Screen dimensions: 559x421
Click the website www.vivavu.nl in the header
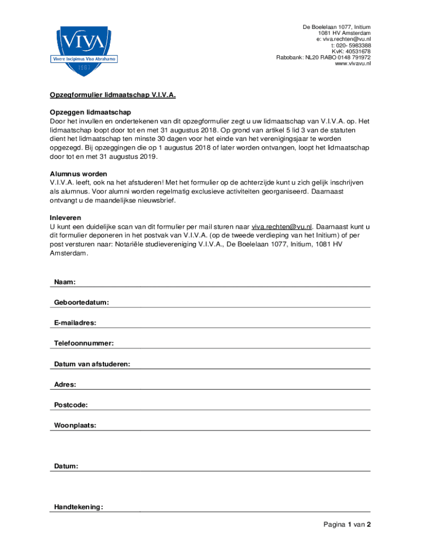pos(353,64)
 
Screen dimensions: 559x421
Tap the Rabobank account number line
pos(323,57)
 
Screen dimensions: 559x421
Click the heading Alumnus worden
pos(78,174)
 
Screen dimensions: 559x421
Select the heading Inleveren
pos(66,217)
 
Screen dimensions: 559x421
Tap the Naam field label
pos(65,282)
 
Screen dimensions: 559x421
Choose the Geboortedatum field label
pos(81,302)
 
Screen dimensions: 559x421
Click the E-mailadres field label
pos(75,323)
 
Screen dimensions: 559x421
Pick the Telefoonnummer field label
pos(84,343)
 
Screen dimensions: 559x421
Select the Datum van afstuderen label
pos(92,364)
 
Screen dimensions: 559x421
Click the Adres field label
pos(65,384)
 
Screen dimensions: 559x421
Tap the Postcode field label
pos(71,405)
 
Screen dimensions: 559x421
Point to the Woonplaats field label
pos(75,425)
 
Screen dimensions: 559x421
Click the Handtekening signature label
pos(79,507)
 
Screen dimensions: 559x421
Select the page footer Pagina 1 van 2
pos(347,525)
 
